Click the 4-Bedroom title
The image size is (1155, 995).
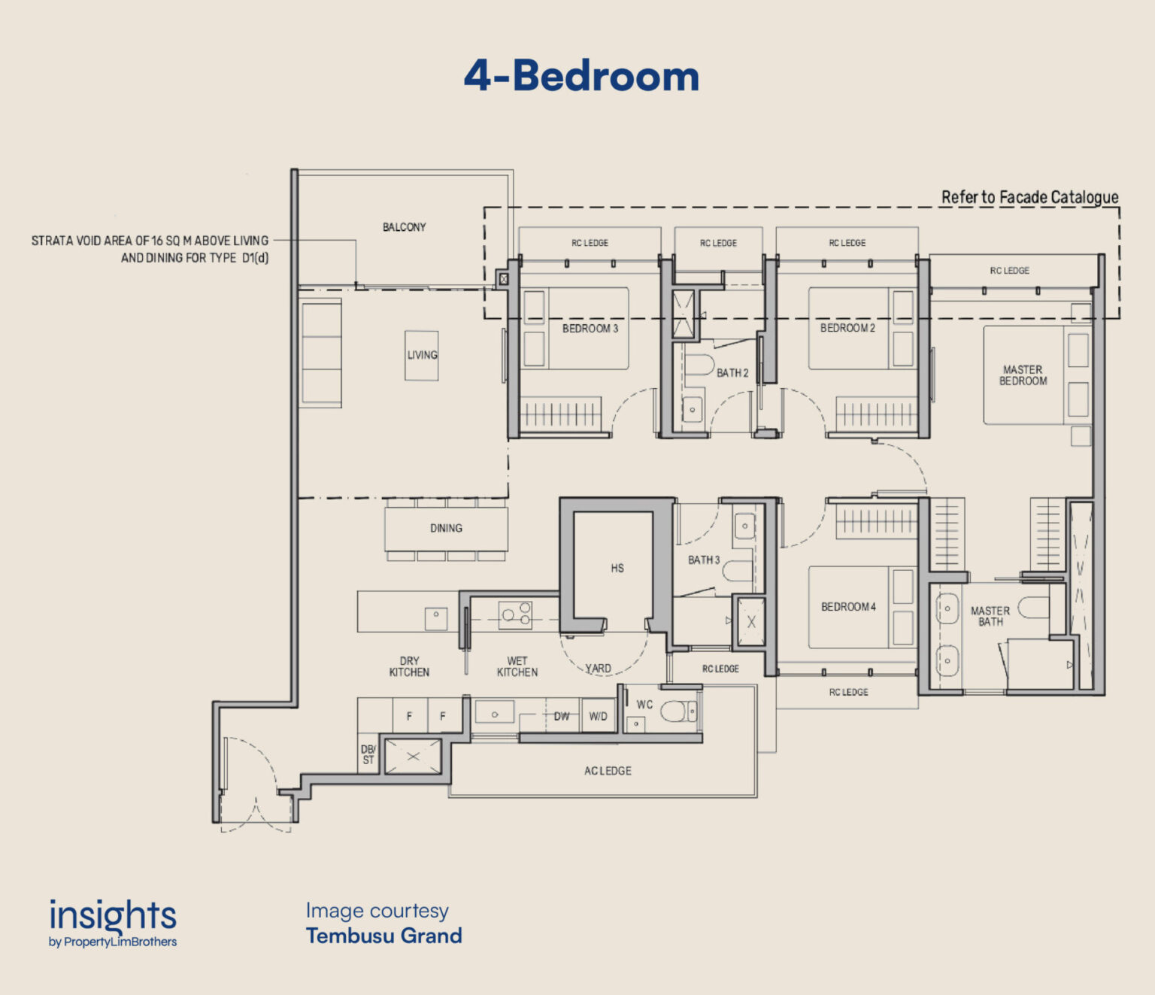(581, 77)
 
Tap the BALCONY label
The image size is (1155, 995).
(404, 227)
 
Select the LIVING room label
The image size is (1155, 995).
(422, 355)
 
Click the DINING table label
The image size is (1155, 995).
(446, 528)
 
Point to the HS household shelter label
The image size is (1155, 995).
(617, 569)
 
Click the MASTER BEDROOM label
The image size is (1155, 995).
(1023, 375)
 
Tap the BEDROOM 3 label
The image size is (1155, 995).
(590, 329)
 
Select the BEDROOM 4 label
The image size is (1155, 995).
(847, 607)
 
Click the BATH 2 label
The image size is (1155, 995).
(732, 373)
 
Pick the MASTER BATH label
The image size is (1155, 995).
(990, 616)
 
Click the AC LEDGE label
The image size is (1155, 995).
(608, 771)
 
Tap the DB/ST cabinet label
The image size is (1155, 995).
(368, 754)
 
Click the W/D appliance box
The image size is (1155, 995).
(599, 716)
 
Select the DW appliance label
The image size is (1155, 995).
(562, 716)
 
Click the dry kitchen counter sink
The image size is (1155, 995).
(436, 617)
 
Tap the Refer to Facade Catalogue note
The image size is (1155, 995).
(1029, 197)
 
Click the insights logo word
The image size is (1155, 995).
(113, 916)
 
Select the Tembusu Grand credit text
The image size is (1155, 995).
(383, 936)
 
